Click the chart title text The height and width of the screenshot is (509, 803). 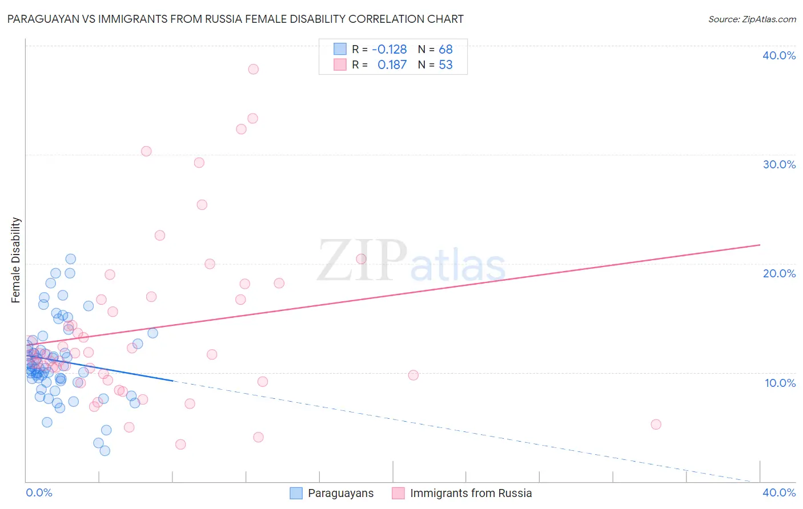pyautogui.click(x=235, y=19)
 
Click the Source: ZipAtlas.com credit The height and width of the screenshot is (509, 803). pyautogui.click(x=752, y=19)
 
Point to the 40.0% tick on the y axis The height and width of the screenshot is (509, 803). pyautogui.click(x=778, y=55)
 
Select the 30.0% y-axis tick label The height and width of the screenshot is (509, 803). pyautogui.click(x=778, y=164)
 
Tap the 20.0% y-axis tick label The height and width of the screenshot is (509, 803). pyautogui.click(x=778, y=273)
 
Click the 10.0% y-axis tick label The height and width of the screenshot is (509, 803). pyautogui.click(x=780, y=383)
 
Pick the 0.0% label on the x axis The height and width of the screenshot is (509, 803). pyautogui.click(x=39, y=492)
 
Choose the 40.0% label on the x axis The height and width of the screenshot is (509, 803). pyautogui.click(x=778, y=492)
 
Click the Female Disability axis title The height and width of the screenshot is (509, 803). pyautogui.click(x=16, y=260)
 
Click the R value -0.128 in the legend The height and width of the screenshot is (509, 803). pyautogui.click(x=389, y=49)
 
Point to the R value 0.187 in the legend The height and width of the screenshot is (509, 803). pyautogui.click(x=392, y=64)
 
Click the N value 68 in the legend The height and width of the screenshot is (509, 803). pyautogui.click(x=445, y=49)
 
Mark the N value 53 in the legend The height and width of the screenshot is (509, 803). pyautogui.click(x=445, y=64)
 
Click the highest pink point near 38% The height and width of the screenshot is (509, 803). pyautogui.click(x=253, y=69)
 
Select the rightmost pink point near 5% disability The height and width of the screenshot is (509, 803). pyautogui.click(x=656, y=425)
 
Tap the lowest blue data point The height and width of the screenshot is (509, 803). pyautogui.click(x=105, y=451)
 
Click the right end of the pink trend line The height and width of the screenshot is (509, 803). pyautogui.click(x=760, y=245)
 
